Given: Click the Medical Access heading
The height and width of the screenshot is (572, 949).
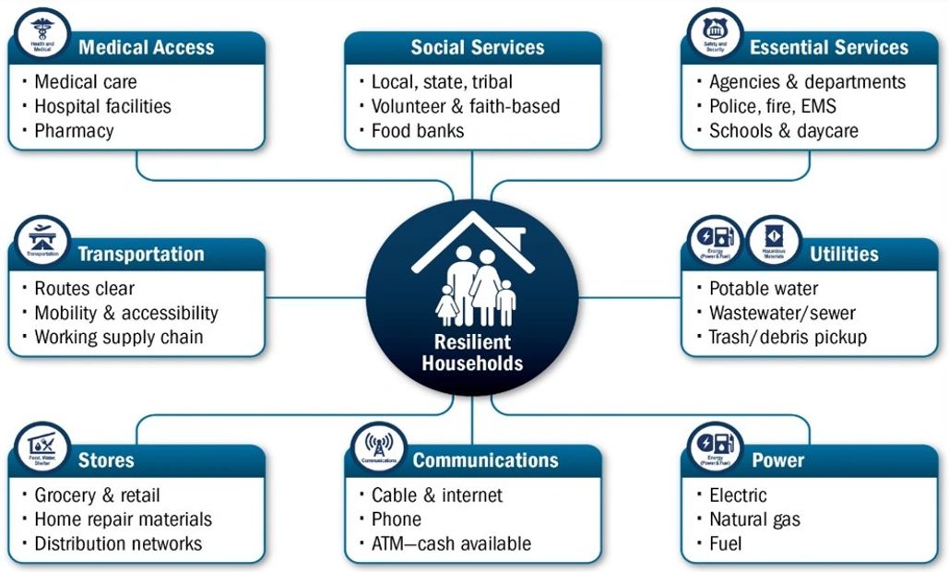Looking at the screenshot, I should coord(146,47).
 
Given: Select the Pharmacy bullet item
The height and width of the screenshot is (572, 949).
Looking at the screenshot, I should coord(74,131).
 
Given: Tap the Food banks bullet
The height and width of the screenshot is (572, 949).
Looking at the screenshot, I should coord(418,131).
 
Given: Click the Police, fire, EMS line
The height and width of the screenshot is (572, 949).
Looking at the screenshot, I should coord(773,107).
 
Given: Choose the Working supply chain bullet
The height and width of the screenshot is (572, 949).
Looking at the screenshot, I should coord(118,337).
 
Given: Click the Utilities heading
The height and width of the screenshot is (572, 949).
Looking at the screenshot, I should coord(844,254).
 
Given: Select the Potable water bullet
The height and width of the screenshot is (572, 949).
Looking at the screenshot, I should coord(764,289).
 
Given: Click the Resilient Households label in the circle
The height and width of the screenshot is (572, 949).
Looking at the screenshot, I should coord(472,353).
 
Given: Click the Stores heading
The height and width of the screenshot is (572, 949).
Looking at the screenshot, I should coord(106,460).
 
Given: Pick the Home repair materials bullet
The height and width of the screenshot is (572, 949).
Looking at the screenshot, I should coord(123,519).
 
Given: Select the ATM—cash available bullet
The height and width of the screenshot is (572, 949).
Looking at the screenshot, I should coord(451,543).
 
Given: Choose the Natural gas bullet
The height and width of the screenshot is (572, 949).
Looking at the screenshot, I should coord(755,519).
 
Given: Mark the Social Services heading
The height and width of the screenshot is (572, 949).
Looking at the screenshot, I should coord(478,47).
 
